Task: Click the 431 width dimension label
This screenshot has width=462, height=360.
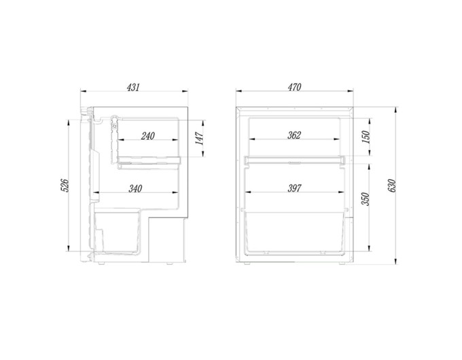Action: pyautogui.click(x=133, y=87)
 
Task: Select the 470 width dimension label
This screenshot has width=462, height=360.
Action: pyautogui.click(x=295, y=87)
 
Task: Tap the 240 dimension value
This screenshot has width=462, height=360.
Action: pyautogui.click(x=148, y=136)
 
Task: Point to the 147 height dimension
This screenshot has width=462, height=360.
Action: pyautogui.click(x=200, y=139)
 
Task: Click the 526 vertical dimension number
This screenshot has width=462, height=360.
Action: pyautogui.click(x=65, y=185)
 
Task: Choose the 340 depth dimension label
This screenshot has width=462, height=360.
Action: pyautogui.click(x=135, y=189)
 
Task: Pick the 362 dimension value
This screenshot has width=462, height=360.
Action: pyautogui.click(x=294, y=135)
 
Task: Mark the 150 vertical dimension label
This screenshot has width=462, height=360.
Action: pyautogui.click(x=365, y=137)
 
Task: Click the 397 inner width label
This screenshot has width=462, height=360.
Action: pyautogui.click(x=294, y=188)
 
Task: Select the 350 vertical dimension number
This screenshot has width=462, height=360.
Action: pyautogui.click(x=365, y=199)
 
